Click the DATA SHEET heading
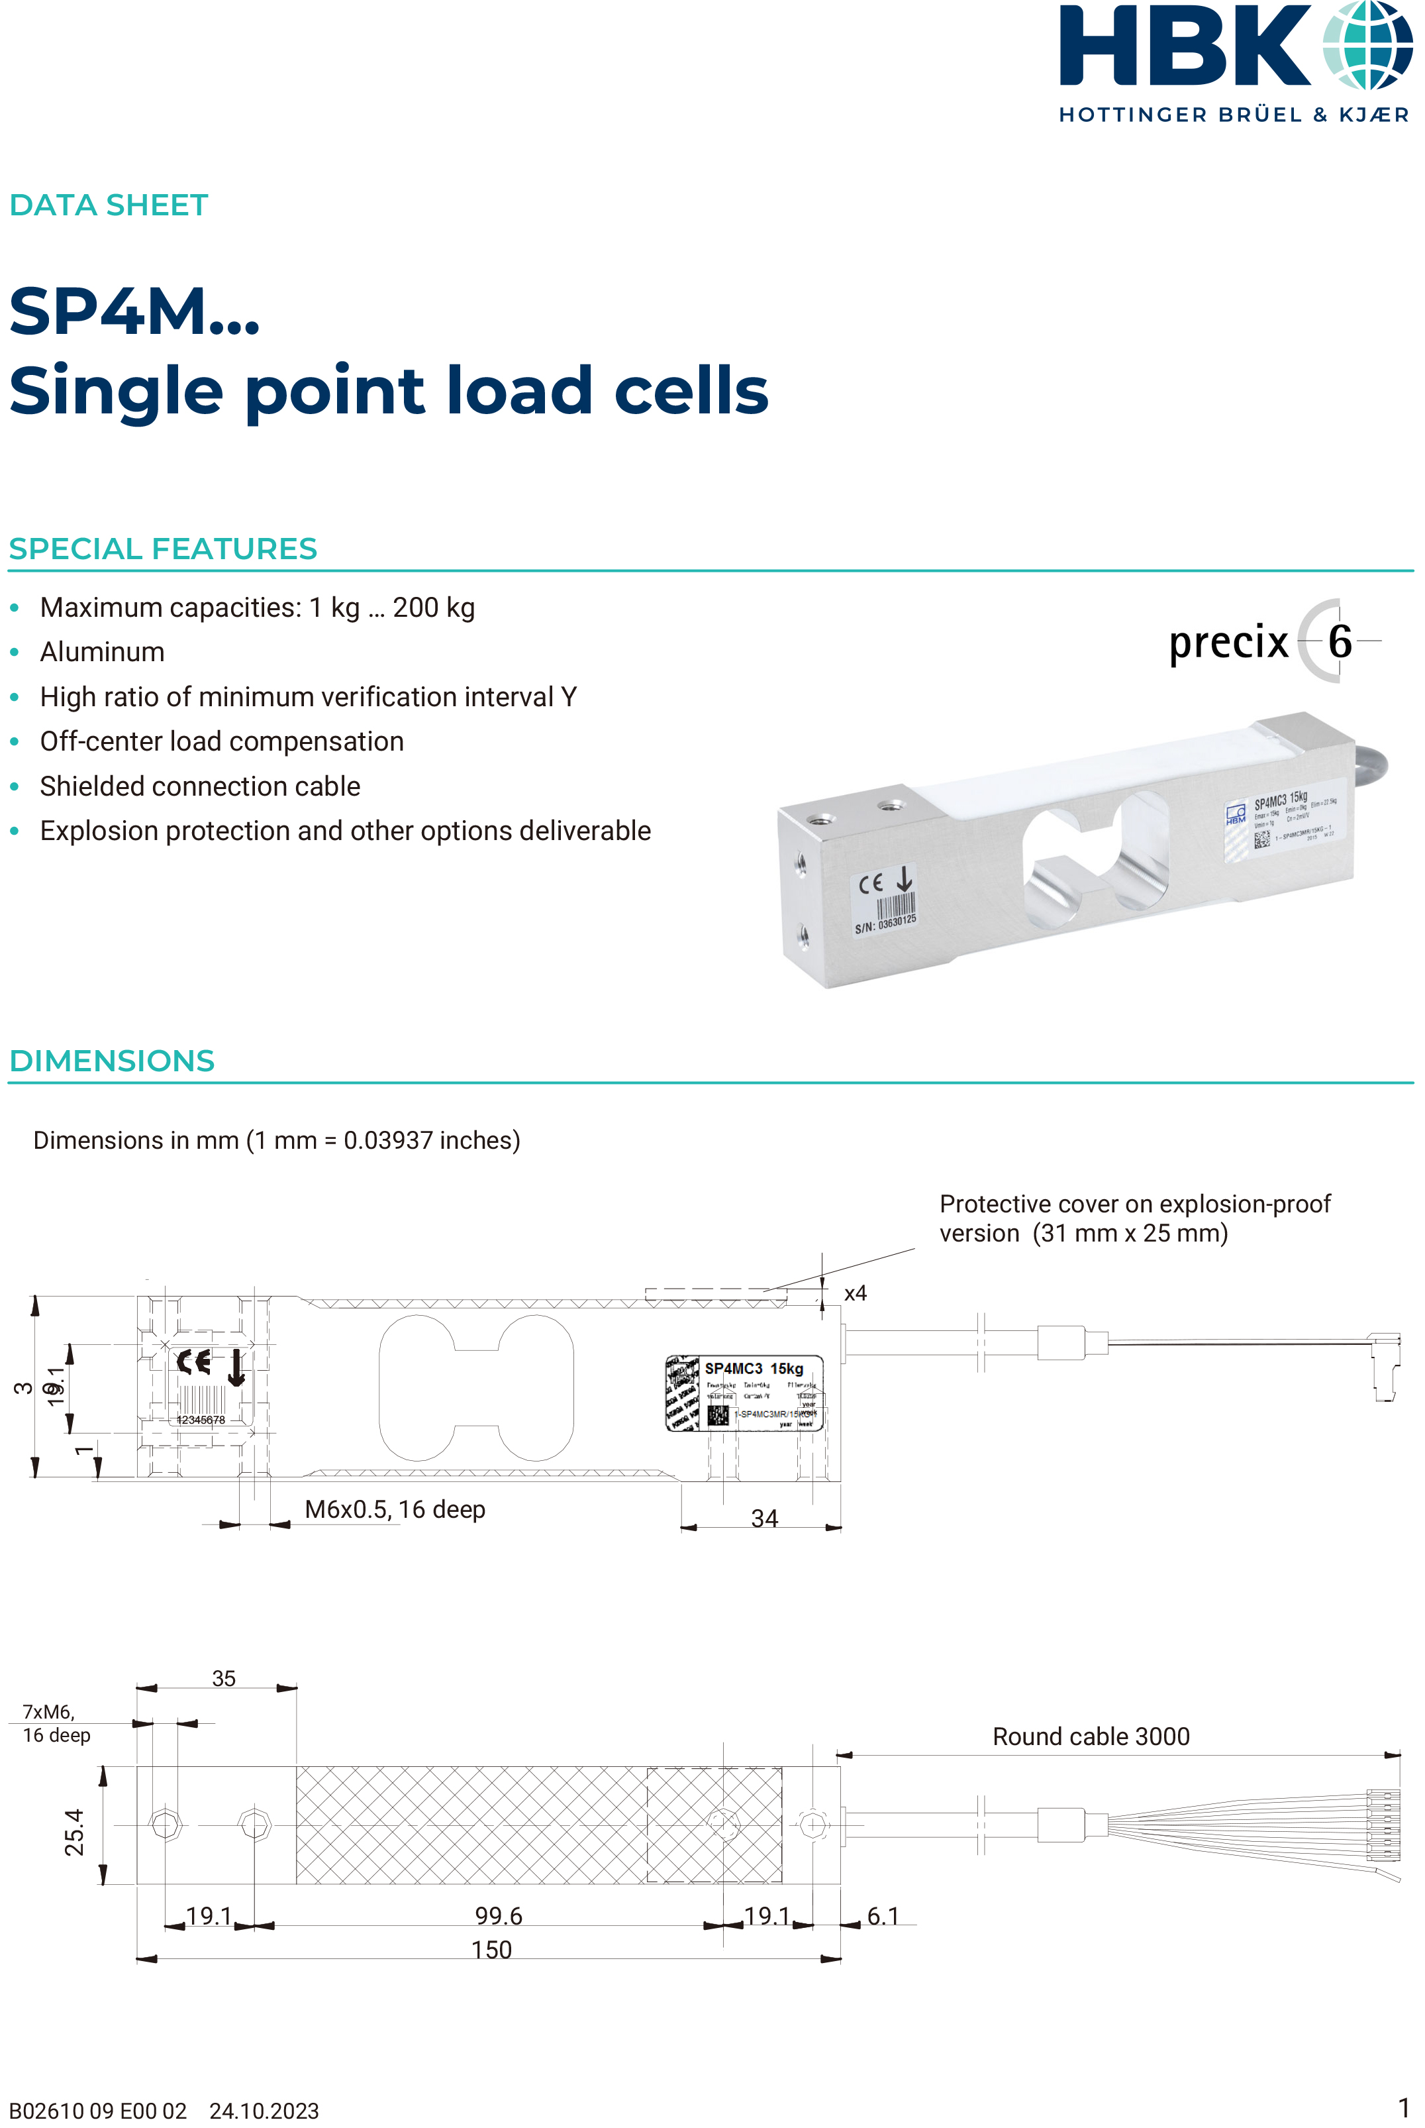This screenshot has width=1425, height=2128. click(109, 205)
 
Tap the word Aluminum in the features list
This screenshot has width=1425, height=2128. click(102, 652)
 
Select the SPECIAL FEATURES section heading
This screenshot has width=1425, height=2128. click(163, 549)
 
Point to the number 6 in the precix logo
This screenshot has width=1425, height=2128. click(1340, 642)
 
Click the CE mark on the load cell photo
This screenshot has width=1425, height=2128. click(871, 882)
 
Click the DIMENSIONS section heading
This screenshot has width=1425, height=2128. click(112, 1061)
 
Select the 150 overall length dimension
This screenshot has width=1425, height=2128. click(491, 1949)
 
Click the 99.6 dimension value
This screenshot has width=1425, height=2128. click(498, 1915)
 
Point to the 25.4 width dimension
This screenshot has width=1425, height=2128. click(75, 1832)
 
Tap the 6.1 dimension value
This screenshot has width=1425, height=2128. click(883, 1915)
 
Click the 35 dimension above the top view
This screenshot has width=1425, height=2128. click(224, 1678)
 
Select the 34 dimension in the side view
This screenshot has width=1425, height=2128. click(764, 1518)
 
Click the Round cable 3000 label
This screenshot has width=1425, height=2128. click(1091, 1736)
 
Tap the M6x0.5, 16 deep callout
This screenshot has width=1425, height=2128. click(395, 1509)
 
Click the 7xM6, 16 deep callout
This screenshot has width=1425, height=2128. click(56, 1723)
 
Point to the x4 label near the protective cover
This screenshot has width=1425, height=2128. click(855, 1293)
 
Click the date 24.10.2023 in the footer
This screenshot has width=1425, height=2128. click(264, 2111)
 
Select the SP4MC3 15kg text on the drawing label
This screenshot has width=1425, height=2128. click(754, 1368)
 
